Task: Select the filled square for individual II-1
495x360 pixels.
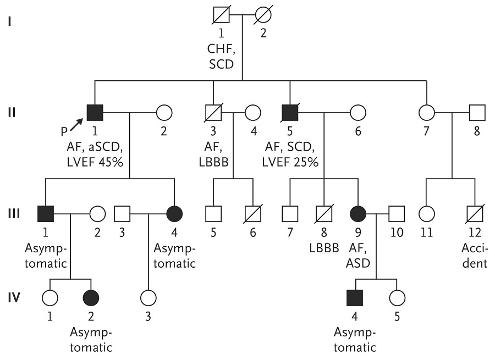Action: (x=96, y=113)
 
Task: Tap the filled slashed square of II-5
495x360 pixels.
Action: (x=290, y=113)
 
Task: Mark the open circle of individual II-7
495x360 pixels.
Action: (x=427, y=113)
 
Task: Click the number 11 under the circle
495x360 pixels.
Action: (x=427, y=232)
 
